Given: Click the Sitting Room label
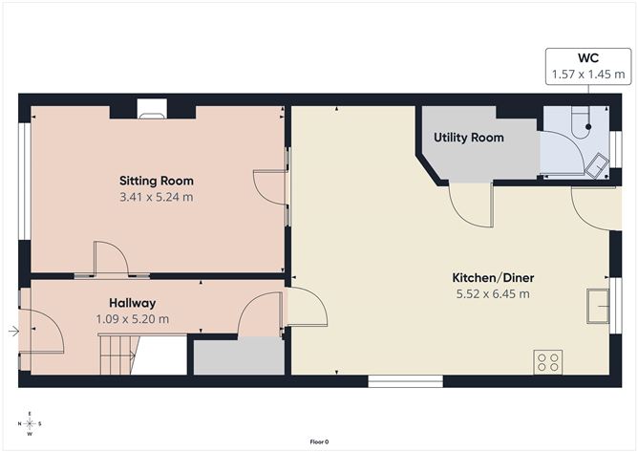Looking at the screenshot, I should click(156, 181).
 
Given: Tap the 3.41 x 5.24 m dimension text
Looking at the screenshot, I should click(156, 198).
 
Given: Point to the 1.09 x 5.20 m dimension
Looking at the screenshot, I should click(132, 319).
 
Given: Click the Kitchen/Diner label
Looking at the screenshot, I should click(493, 278).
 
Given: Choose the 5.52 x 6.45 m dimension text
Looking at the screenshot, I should click(493, 294).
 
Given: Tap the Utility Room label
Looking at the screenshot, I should click(468, 138).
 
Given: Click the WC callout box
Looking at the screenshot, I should click(587, 65).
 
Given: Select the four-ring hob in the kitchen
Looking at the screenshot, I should click(549, 361).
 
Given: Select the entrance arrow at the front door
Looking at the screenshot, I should click(12, 332).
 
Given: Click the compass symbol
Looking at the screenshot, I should click(31, 423).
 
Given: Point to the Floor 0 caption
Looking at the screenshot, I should click(319, 441).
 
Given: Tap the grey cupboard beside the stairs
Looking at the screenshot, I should click(239, 357).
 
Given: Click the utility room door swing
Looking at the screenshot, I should click(470, 202).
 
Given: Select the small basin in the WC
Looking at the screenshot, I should click(597, 164).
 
